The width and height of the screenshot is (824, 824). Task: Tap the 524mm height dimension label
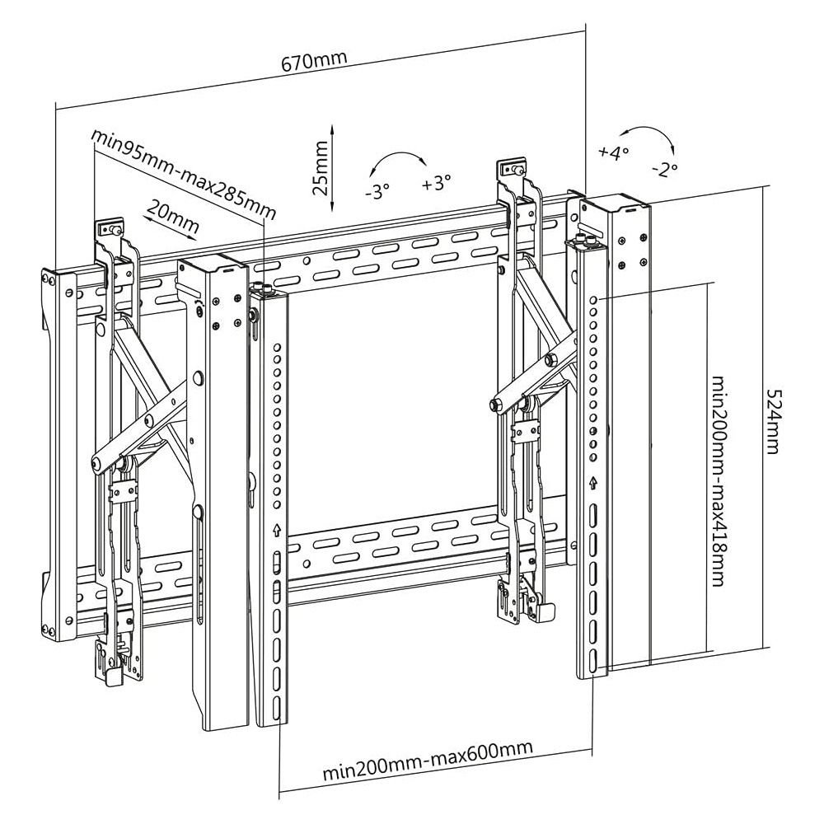coord(771,421)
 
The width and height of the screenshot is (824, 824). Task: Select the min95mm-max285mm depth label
coord(183,173)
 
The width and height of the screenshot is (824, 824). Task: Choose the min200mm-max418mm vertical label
coord(718,481)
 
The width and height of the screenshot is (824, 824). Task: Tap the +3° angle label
coord(437,183)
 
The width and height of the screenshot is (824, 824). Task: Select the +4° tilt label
coord(614,152)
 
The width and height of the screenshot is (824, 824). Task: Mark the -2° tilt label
coord(663,168)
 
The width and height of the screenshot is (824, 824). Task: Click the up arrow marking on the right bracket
coord(593,482)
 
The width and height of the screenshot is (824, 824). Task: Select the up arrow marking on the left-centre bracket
coord(276,530)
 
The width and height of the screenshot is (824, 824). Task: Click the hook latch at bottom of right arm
coord(545,611)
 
